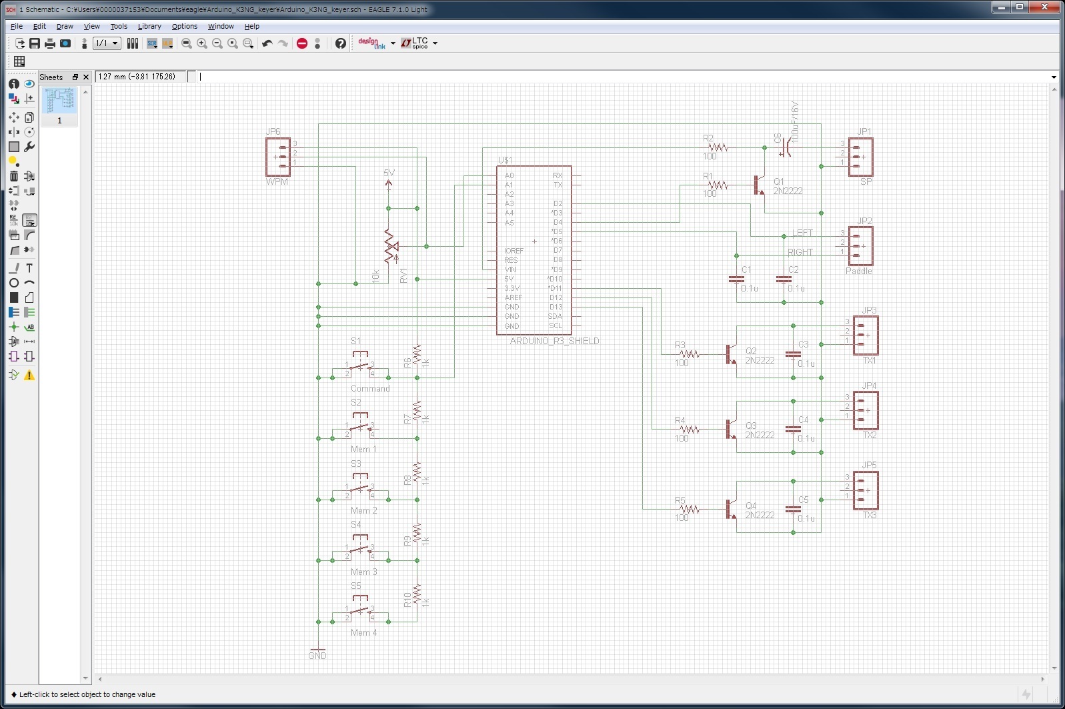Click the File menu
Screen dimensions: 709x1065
(17, 26)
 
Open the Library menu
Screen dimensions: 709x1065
(149, 26)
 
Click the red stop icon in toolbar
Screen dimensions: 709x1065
(302, 43)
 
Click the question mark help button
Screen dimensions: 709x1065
(341, 43)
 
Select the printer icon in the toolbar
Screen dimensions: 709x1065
(50, 43)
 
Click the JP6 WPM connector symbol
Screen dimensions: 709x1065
(278, 157)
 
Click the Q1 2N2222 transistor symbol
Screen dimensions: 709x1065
(759, 185)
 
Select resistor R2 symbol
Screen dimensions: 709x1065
(718, 147)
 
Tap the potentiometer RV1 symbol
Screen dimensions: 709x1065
(391, 247)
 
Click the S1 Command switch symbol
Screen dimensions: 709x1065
(359, 366)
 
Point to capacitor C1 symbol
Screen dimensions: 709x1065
(736, 279)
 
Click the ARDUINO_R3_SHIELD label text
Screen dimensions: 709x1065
(554, 341)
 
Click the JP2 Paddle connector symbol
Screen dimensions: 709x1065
(860, 246)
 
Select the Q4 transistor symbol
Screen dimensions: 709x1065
(731, 509)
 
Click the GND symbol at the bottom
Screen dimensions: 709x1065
(318, 650)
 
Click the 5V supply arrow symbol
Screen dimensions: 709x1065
(389, 183)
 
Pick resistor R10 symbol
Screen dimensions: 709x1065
(417, 594)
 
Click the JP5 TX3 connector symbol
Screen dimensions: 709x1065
(866, 490)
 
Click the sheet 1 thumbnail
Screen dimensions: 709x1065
(59, 101)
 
